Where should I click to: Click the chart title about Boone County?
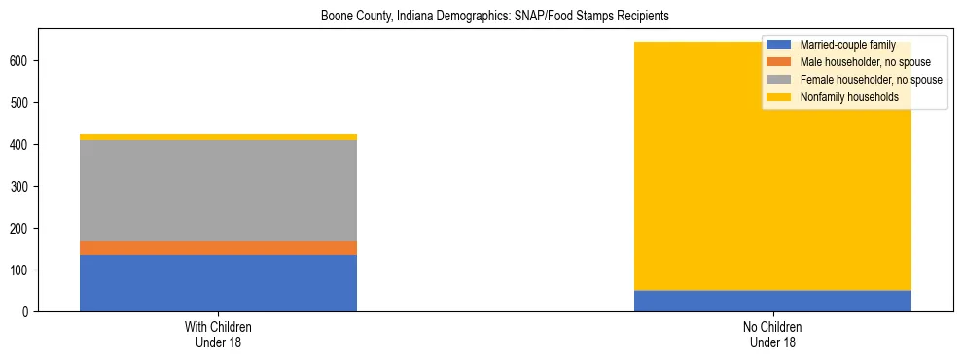pyautogui.click(x=495, y=17)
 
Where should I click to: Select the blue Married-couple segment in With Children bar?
pyautogui.click(x=218, y=282)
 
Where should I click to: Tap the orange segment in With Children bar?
pyautogui.click(x=218, y=248)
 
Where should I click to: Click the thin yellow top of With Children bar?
pyautogui.click(x=218, y=137)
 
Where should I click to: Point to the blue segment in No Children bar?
pyautogui.click(x=772, y=301)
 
